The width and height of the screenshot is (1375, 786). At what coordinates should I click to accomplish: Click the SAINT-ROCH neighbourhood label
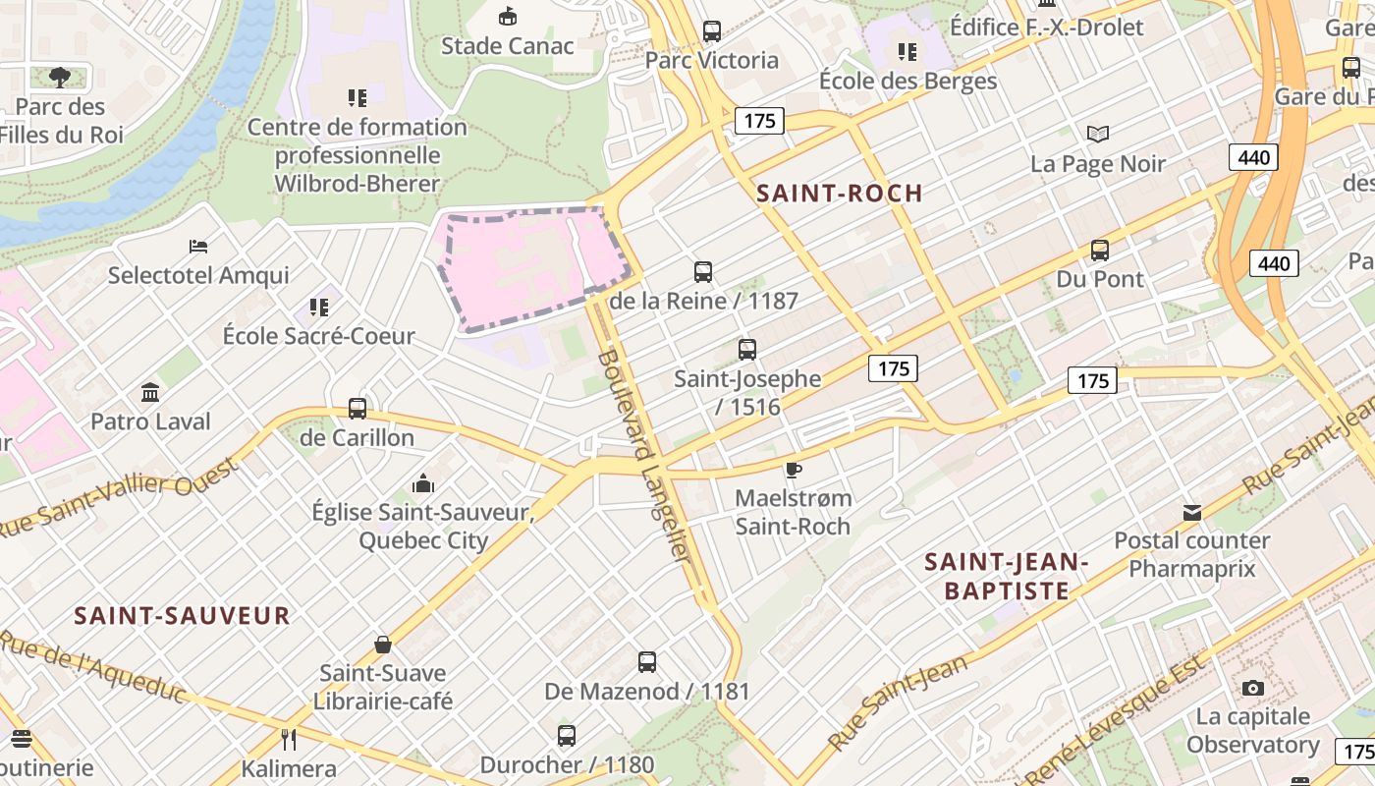tap(840, 194)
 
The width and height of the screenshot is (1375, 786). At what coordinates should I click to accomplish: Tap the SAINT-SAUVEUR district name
tap(183, 616)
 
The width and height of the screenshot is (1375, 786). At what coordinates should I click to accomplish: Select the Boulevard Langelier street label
tap(644, 454)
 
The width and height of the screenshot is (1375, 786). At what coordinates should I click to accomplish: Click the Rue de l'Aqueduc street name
tap(93, 667)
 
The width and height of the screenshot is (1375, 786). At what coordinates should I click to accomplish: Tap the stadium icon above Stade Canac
tap(508, 17)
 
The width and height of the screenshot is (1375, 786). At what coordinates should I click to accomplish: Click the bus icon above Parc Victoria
tap(712, 30)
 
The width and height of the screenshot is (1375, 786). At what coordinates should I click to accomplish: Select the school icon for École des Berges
tap(907, 51)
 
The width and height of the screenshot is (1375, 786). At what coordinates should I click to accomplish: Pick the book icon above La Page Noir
tap(1097, 135)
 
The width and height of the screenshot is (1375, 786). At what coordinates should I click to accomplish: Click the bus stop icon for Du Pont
tap(1100, 251)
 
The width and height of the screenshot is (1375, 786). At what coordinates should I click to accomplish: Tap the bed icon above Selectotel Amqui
tap(198, 246)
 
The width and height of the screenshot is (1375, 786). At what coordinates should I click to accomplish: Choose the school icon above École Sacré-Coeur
tap(318, 308)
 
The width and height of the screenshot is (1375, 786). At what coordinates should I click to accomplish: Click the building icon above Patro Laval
tap(150, 393)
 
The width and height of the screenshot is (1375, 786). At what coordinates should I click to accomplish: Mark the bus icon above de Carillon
tap(357, 409)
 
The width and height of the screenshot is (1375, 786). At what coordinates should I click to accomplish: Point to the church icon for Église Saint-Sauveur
tap(423, 483)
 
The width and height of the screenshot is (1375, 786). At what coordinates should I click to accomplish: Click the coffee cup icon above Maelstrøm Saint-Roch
tap(793, 470)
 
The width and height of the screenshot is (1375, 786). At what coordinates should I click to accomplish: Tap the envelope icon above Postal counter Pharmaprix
tap(1192, 512)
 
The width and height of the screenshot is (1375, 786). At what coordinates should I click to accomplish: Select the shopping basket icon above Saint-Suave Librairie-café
tap(383, 645)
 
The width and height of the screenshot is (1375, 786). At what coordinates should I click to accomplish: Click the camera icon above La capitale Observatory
tap(1252, 688)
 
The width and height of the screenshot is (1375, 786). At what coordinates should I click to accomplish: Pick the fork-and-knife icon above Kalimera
tap(289, 739)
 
